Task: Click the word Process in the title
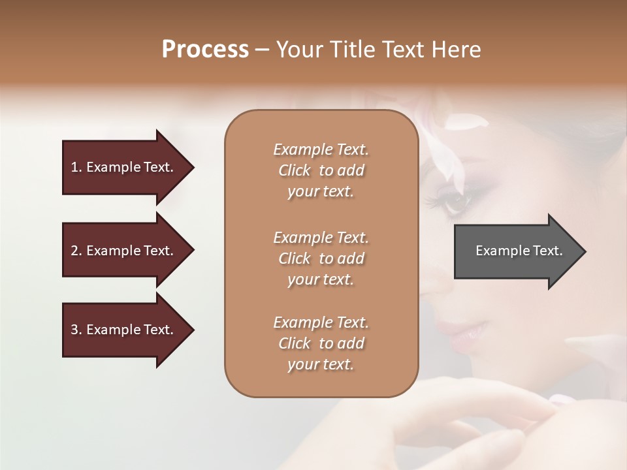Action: pyautogui.click(x=205, y=50)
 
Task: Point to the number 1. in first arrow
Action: pyautogui.click(x=76, y=167)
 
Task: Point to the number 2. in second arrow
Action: pyautogui.click(x=76, y=251)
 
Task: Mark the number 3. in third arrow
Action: pyautogui.click(x=76, y=330)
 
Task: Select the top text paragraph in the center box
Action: pyautogui.click(x=321, y=170)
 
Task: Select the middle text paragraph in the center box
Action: pyautogui.click(x=321, y=258)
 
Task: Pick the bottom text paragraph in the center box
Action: pyautogui.click(x=321, y=343)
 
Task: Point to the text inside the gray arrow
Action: pyautogui.click(x=519, y=251)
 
